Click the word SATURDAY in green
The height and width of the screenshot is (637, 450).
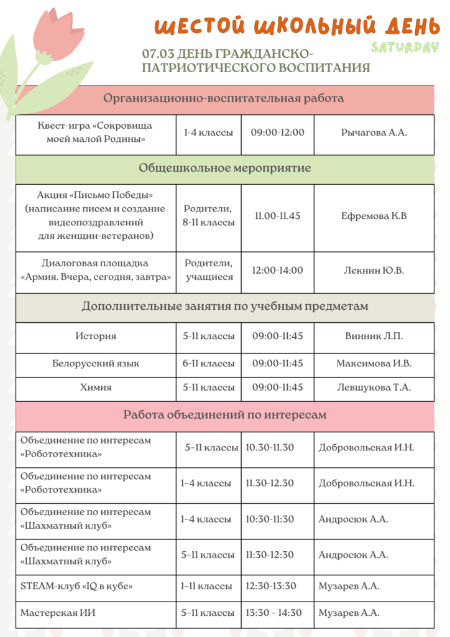pyautogui.click(x=405, y=48)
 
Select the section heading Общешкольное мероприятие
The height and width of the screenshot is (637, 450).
pyautogui.click(x=224, y=168)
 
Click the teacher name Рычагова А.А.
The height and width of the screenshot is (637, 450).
pyautogui.click(x=374, y=133)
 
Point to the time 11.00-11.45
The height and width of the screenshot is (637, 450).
pyautogui.click(x=277, y=216)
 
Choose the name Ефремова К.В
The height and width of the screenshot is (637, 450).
pyautogui.click(x=374, y=216)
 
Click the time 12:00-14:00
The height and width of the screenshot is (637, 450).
pyautogui.click(x=277, y=270)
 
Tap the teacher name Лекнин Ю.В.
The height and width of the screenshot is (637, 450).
pyautogui.click(x=374, y=270)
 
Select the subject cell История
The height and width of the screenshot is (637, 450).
pyautogui.click(x=96, y=336)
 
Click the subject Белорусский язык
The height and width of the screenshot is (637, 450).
pyautogui.click(x=96, y=363)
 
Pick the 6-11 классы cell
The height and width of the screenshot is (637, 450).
pyautogui.click(x=208, y=363)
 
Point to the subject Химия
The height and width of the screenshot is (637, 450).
pyautogui.click(x=96, y=387)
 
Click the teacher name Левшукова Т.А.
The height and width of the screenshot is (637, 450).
pyautogui.click(x=374, y=387)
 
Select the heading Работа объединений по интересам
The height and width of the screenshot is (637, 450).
pyautogui.click(x=224, y=415)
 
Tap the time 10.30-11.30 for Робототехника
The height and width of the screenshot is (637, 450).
pyautogui.click(x=270, y=447)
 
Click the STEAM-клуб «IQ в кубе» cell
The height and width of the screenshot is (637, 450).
pyautogui.click(x=76, y=586)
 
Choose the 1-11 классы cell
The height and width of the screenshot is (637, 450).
pyautogui.click(x=206, y=586)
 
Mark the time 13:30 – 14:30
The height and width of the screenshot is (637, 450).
pyautogui.click(x=273, y=613)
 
